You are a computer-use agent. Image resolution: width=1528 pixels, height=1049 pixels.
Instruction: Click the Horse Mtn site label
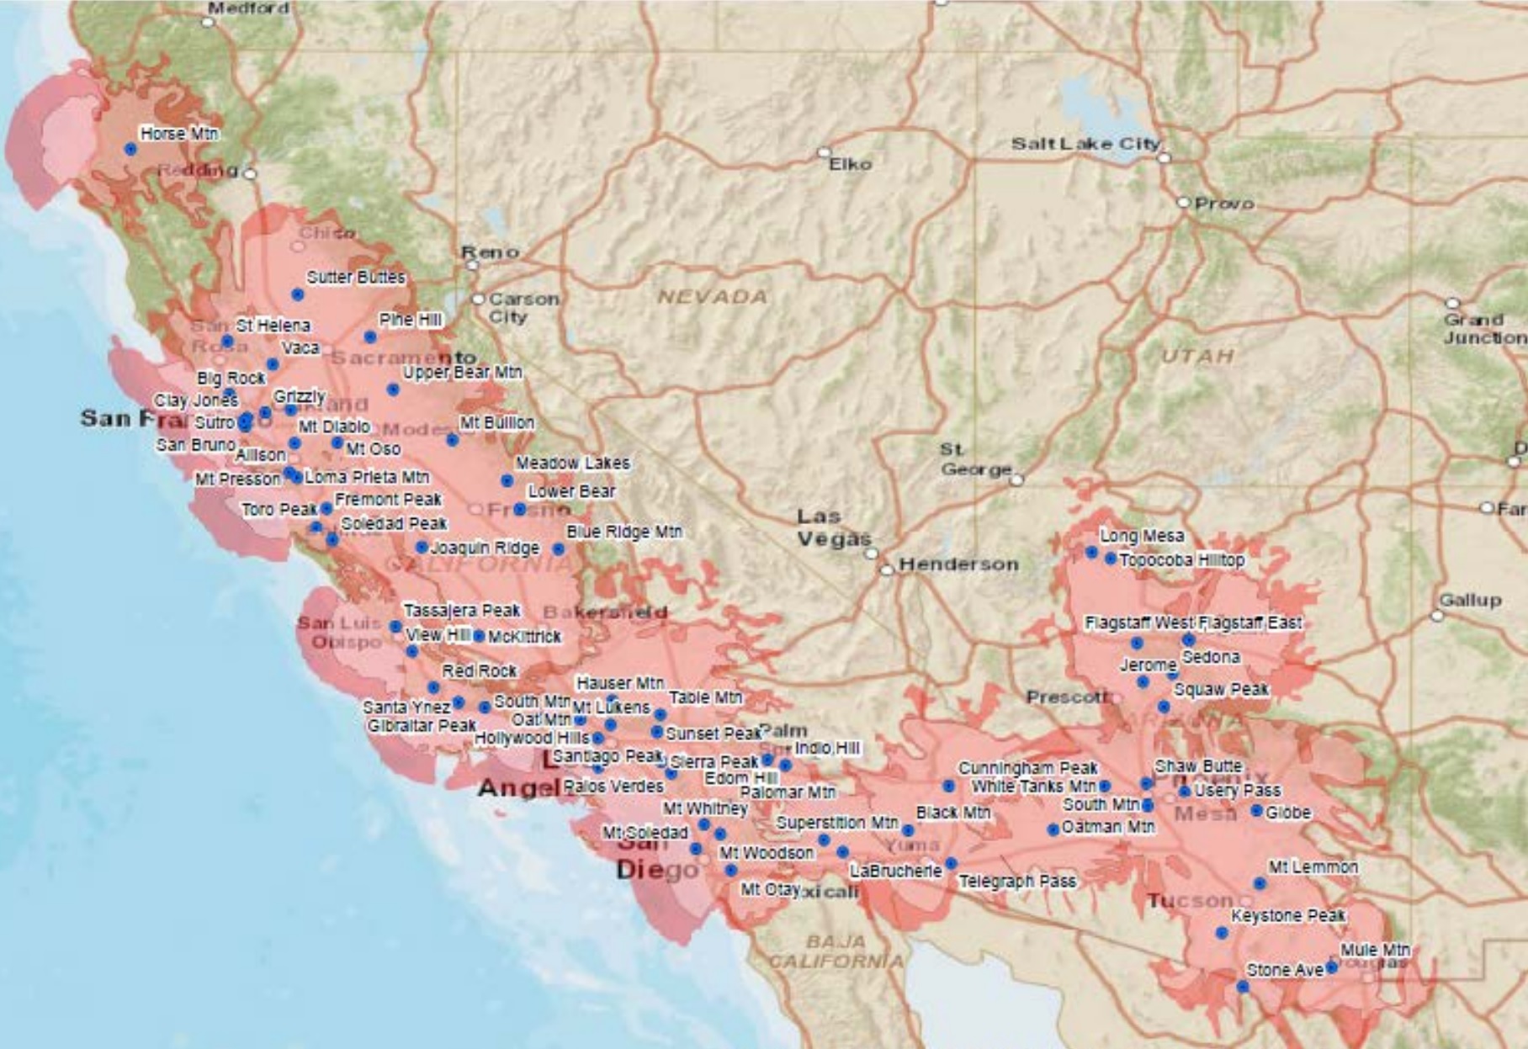[179, 134]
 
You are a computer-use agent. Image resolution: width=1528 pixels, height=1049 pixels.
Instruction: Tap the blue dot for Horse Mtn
[130, 149]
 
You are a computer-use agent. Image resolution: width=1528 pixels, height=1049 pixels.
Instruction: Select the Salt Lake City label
[1085, 144]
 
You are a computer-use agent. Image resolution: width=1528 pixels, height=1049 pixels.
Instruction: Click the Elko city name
[850, 164]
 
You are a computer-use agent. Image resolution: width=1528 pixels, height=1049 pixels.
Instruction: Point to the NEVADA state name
[713, 297]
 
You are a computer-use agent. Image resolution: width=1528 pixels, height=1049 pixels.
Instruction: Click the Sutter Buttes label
[355, 277]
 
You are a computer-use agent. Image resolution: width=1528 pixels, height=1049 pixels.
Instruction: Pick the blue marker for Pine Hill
[370, 336]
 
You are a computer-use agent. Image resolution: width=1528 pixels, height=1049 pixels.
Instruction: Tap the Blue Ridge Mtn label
[623, 532]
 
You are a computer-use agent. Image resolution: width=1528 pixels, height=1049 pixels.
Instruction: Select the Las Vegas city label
[834, 527]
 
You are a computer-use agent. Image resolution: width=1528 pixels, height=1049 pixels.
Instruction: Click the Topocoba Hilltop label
[1181, 559]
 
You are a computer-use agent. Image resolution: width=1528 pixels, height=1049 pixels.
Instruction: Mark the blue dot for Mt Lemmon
[1260, 883]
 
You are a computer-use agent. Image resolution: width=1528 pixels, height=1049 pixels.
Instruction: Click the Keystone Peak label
[1287, 915]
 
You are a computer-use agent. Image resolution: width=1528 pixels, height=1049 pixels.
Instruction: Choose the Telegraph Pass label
[1017, 881]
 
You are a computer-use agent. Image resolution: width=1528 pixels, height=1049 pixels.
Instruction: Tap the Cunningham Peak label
[1027, 768]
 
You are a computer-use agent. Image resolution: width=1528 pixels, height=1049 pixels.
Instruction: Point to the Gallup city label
[1470, 600]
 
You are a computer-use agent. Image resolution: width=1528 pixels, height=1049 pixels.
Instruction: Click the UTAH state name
[1197, 357]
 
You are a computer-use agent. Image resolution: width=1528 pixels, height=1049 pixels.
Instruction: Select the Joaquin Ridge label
[485, 548]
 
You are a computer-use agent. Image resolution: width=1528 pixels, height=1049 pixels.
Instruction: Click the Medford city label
[248, 8]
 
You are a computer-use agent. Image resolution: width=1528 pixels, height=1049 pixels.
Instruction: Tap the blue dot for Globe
[1256, 811]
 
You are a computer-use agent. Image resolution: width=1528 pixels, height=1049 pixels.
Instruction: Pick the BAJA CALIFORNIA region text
[836, 951]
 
